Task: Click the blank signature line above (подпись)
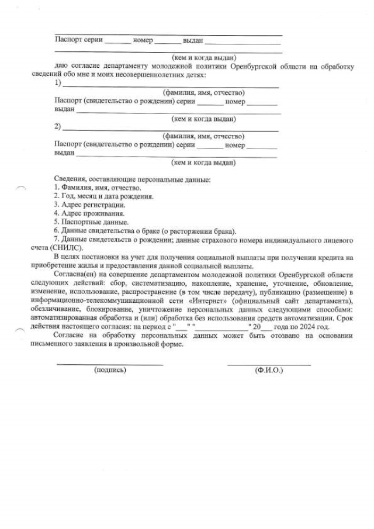(109, 365)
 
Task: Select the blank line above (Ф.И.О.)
(269, 365)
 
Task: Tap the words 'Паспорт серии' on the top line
(78, 40)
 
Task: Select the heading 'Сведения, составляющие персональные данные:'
(132, 179)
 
